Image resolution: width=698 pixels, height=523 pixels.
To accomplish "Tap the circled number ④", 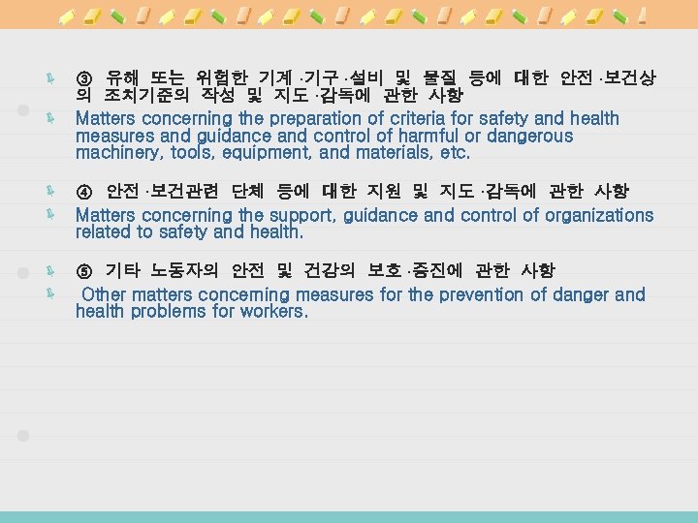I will point(84,192).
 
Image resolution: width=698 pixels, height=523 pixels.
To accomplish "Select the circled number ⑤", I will point(84,270).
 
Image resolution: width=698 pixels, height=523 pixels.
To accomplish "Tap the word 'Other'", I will point(105,294).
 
